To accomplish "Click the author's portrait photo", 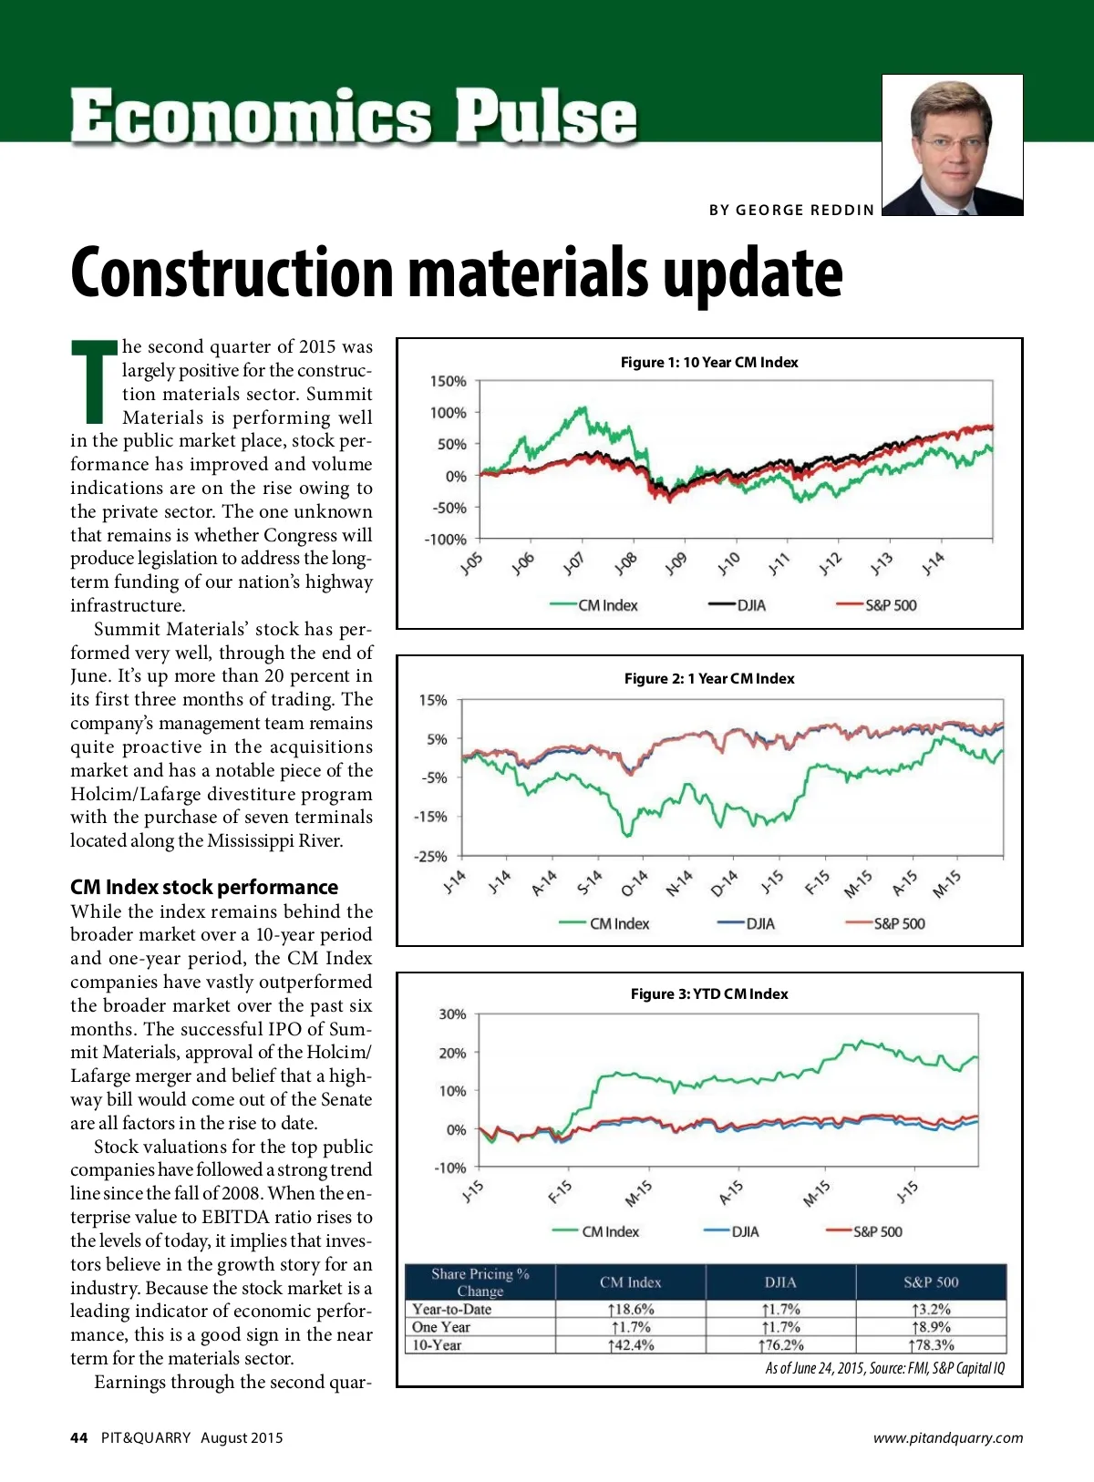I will [x=952, y=145].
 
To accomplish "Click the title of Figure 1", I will [x=708, y=363].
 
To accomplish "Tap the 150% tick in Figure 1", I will [x=448, y=381].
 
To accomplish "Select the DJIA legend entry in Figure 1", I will [x=738, y=605].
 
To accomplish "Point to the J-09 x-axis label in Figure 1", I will [x=676, y=564].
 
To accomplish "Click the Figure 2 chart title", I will [x=708, y=679].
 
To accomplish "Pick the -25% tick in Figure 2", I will [x=430, y=857].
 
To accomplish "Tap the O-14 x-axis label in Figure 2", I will [x=634, y=882].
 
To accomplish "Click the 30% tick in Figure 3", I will [x=452, y=1014].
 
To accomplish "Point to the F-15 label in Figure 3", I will [x=560, y=1191].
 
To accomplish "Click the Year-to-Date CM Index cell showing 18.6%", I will [x=631, y=1309].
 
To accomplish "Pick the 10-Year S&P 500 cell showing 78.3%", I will [x=931, y=1344].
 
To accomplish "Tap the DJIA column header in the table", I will [x=780, y=1282].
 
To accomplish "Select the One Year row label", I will [x=441, y=1327].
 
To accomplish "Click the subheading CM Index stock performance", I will [x=204, y=887].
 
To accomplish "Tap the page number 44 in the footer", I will [x=79, y=1437].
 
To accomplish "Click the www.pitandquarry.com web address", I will [x=947, y=1438].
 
